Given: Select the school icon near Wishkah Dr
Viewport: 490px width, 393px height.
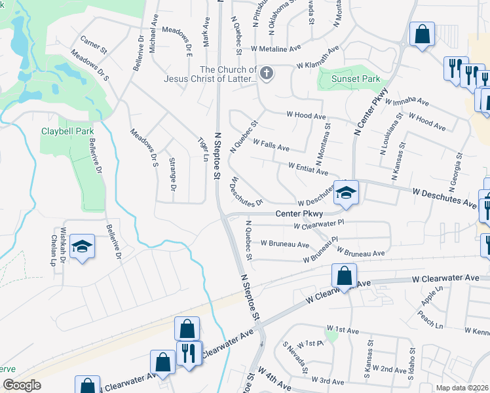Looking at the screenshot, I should pos(83,247).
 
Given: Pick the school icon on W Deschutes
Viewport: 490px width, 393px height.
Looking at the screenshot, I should pos(346,193).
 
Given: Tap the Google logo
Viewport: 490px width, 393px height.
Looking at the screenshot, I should pos(22,385).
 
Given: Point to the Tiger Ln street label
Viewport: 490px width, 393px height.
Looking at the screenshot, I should pos(202,148).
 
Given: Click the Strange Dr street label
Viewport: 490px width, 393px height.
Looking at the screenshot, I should pos(173,175).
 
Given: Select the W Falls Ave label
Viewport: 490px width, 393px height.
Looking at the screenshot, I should pos(271,145).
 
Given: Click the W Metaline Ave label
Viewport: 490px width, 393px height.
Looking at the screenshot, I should pos(271,48).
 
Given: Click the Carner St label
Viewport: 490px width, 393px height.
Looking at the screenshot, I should pos(92,45).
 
